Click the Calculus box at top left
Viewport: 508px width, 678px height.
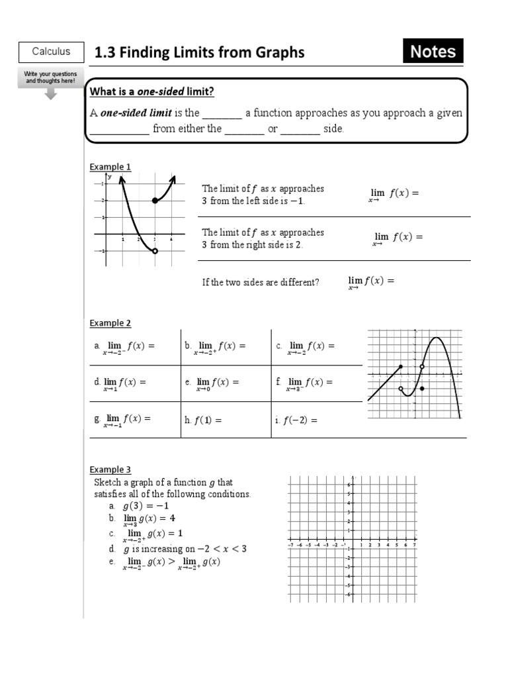51,52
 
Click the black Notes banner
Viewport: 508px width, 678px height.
433,52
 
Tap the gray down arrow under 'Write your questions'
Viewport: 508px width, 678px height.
51,94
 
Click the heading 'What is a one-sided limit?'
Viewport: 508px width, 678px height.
152,91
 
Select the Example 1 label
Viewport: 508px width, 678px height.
110,167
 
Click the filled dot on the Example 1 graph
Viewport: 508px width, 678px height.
155,200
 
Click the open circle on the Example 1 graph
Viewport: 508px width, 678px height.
155,251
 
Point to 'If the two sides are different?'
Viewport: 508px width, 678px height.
261,282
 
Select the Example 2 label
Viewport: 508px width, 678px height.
110,323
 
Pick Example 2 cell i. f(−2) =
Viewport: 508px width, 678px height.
296,420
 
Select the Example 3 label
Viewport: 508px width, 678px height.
110,470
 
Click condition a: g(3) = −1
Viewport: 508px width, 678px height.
147,506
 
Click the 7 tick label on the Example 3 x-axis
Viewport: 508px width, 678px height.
414,546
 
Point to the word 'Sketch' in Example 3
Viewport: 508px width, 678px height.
108,482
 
